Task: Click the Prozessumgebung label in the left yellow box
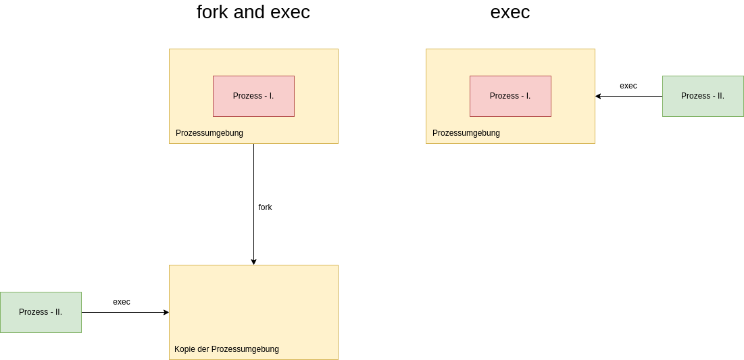click(209, 133)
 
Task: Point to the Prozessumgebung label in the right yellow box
click(466, 133)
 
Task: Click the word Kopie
click(185, 349)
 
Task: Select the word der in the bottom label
click(203, 349)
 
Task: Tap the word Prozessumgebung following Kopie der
click(245, 349)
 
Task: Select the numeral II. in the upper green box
click(720, 96)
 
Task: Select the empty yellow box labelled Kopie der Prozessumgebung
click(253, 304)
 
